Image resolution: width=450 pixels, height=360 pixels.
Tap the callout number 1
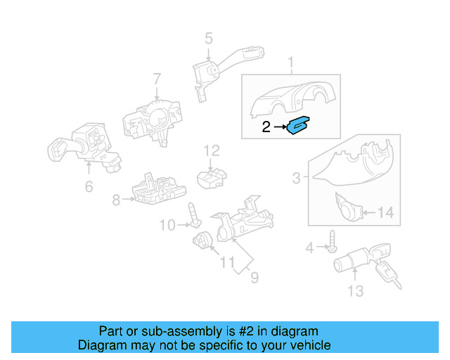point(290,65)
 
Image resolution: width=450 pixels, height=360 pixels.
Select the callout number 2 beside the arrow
point(266,127)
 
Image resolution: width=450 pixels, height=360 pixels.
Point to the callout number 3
point(296,179)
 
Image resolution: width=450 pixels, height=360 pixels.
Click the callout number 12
point(212,150)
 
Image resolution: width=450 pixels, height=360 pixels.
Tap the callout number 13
point(356,290)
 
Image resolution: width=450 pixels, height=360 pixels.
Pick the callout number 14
point(386,212)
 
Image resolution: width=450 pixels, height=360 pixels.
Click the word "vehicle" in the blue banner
point(305,345)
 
